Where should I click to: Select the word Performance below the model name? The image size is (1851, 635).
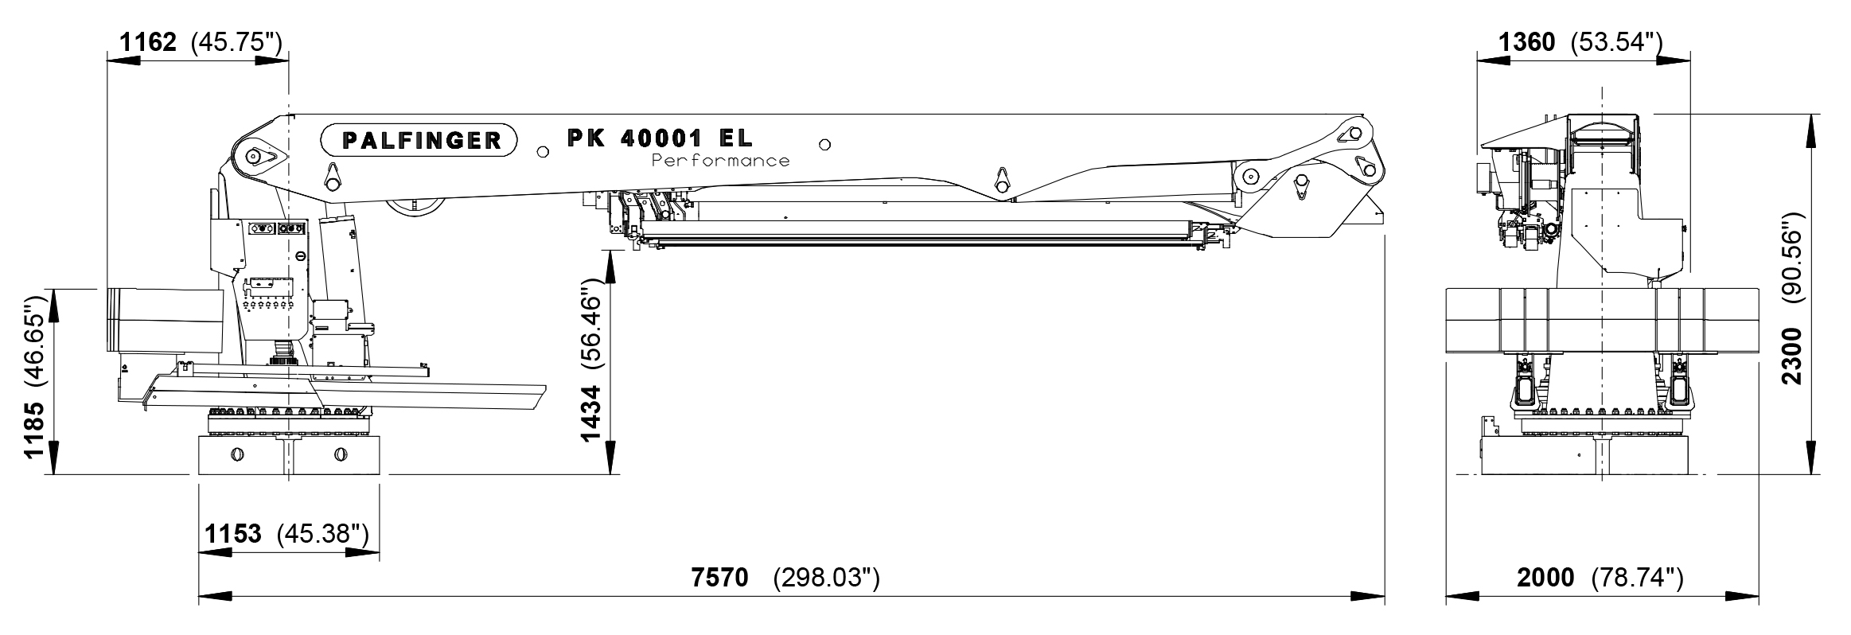tap(720, 161)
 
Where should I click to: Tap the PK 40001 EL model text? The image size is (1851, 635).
tap(659, 138)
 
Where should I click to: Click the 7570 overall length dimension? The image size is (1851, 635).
tap(720, 577)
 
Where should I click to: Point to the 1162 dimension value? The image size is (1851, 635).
tap(148, 41)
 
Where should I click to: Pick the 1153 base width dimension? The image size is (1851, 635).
tap(233, 533)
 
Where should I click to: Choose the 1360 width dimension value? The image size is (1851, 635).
tap(1526, 41)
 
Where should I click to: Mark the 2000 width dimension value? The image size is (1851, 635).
tap(1545, 577)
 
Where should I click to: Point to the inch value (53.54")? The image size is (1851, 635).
tap(1615, 41)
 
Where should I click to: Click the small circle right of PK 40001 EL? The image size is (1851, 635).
tap(825, 145)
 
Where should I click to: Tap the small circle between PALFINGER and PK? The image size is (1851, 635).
tap(543, 151)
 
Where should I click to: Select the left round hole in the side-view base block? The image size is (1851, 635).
tap(236, 454)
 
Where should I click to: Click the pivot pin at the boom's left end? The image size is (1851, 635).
tap(253, 157)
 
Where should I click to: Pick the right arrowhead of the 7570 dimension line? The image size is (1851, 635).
tap(1370, 595)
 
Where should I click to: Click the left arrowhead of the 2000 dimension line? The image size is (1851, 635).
tap(1460, 595)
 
